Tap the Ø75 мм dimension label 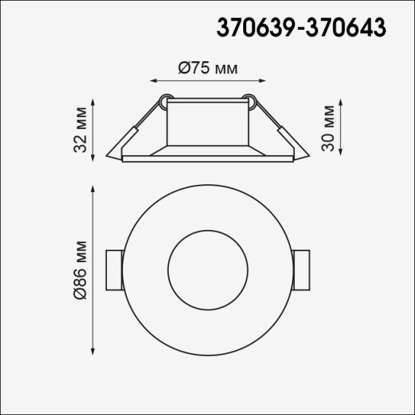(x=208, y=68)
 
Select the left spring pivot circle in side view (x=166, y=100)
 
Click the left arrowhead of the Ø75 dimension (x=152, y=81)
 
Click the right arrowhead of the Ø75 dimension (x=264, y=81)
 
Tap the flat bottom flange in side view (x=208, y=158)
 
